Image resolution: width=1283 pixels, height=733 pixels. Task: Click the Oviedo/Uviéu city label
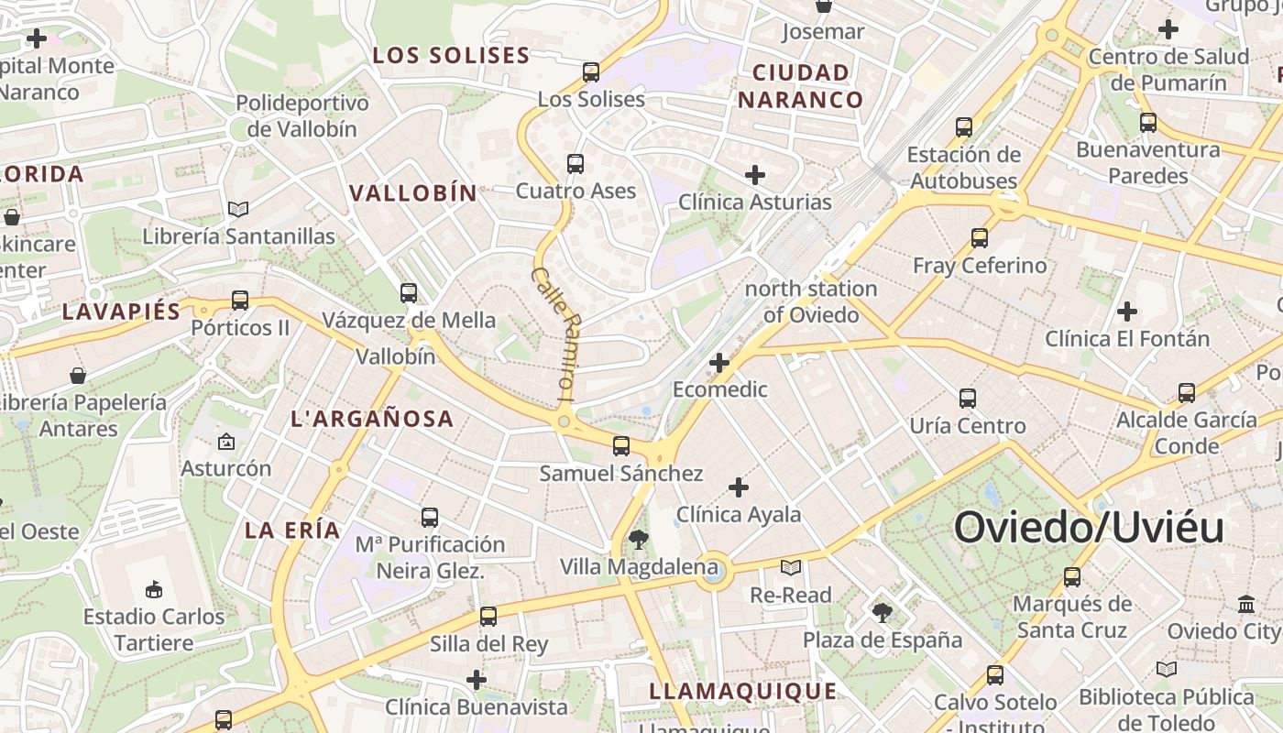pyautogui.click(x=1089, y=529)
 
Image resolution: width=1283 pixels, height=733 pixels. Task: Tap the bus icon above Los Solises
pyautogui.click(x=591, y=71)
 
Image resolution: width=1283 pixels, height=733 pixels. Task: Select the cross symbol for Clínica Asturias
pyautogui.click(x=755, y=174)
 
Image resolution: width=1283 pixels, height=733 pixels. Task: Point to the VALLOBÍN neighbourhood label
pyautogui.click(x=413, y=192)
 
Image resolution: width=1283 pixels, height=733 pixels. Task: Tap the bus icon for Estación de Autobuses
pyautogui.click(x=963, y=127)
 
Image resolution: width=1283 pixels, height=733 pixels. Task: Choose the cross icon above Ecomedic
pyautogui.click(x=719, y=363)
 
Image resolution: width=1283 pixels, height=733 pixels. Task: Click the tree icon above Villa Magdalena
pyautogui.click(x=638, y=540)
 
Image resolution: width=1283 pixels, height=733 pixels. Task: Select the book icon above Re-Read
pyautogui.click(x=790, y=568)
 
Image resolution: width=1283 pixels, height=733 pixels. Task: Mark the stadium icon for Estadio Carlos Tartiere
pyautogui.click(x=154, y=589)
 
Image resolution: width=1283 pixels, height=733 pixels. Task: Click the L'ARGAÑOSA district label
pyautogui.click(x=372, y=419)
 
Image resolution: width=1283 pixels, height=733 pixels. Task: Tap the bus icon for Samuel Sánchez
pyautogui.click(x=621, y=446)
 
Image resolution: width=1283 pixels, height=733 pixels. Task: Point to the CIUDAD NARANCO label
pyautogui.click(x=801, y=86)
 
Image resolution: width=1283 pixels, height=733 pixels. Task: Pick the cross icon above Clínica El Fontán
pyautogui.click(x=1127, y=312)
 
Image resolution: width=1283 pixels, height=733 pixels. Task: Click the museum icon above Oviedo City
pyautogui.click(x=1246, y=605)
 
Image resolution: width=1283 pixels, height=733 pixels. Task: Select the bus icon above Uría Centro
pyautogui.click(x=968, y=399)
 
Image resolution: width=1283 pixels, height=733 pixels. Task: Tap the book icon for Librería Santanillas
pyautogui.click(x=238, y=209)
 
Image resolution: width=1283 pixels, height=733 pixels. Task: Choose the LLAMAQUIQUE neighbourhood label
pyautogui.click(x=743, y=691)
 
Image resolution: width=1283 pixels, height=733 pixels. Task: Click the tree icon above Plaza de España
pyautogui.click(x=883, y=612)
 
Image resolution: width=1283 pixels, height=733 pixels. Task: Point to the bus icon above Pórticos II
pyautogui.click(x=240, y=300)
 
